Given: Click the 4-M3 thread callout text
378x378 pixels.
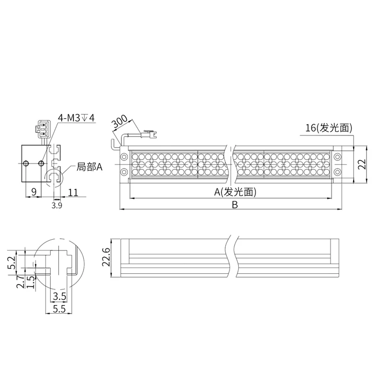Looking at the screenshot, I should coord(76,117).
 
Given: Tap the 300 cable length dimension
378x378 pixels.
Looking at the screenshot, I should coord(119,122).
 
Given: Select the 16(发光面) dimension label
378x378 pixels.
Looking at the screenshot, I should coord(328,128).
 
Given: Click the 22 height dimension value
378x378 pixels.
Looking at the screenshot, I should coord(362,164).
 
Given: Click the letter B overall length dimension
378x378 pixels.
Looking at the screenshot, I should coord(234,205).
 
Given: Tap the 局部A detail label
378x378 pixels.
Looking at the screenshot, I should coord(90,167).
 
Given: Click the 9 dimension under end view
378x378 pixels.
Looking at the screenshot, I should coord(33,191).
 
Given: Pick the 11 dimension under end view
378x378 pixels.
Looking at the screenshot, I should coord(73,191).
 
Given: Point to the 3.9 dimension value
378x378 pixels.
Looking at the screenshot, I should coord(56,205).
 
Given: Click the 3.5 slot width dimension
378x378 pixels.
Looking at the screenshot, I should coord(60,296).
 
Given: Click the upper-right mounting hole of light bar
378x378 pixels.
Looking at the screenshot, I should coord(337,157).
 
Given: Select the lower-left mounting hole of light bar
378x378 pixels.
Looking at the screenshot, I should coord(124,172).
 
